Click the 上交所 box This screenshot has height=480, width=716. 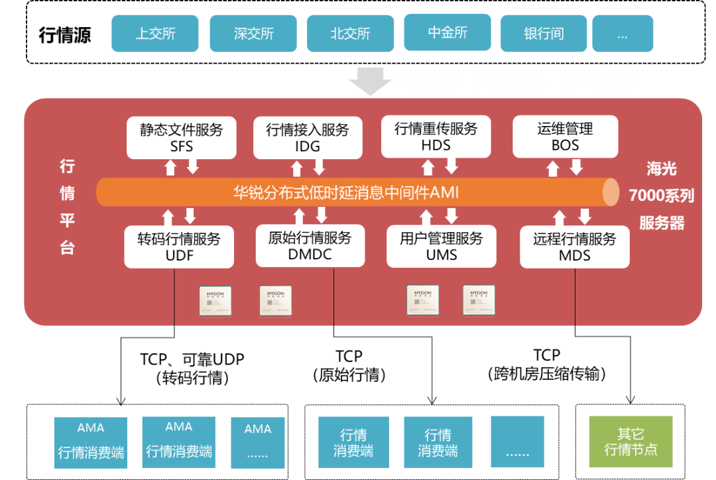(x=155, y=34)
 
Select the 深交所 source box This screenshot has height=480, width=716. (x=253, y=34)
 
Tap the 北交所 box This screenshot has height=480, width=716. (x=350, y=34)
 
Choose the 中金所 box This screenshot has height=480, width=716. (x=447, y=32)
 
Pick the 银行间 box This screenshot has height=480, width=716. (x=544, y=34)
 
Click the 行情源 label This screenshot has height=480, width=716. (x=65, y=34)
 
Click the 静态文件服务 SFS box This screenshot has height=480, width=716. (x=181, y=137)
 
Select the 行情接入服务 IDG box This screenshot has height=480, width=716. (x=308, y=137)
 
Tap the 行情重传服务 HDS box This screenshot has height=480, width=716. (x=436, y=137)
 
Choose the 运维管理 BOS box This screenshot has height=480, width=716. (x=565, y=137)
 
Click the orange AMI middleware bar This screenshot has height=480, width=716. (x=351, y=193)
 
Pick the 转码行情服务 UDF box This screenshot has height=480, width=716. (x=179, y=247)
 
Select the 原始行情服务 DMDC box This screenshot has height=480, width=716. (x=310, y=246)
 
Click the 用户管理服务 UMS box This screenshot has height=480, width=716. (x=442, y=246)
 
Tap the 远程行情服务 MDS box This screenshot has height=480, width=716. (x=574, y=247)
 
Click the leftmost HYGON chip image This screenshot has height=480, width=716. (x=215, y=300)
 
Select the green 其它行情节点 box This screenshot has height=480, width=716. (x=630, y=442)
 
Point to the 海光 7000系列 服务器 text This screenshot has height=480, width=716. (x=661, y=196)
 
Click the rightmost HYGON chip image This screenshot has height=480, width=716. (x=479, y=300)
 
